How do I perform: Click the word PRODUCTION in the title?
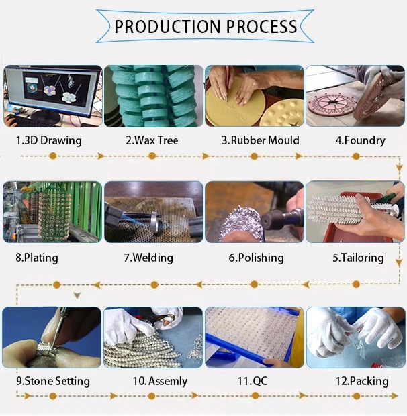[x=167, y=27]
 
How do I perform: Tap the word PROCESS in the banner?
[x=262, y=27]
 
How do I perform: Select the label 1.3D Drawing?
[x=48, y=140]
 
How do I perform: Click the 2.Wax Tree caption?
[x=152, y=140]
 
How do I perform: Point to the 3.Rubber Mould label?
[x=261, y=140]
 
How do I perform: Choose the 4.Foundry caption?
[x=360, y=140]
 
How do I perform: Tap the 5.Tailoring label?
[x=358, y=258]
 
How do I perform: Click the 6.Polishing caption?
[x=256, y=258]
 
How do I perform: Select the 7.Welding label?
[x=148, y=258]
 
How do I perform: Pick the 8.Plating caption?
[x=37, y=258]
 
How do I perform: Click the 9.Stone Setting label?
[x=53, y=381]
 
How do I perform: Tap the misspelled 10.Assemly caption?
[x=160, y=381]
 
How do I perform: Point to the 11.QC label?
[x=253, y=381]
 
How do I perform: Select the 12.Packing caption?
[x=362, y=381]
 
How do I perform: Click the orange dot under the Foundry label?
[x=356, y=156]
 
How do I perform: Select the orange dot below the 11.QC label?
[x=255, y=396]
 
